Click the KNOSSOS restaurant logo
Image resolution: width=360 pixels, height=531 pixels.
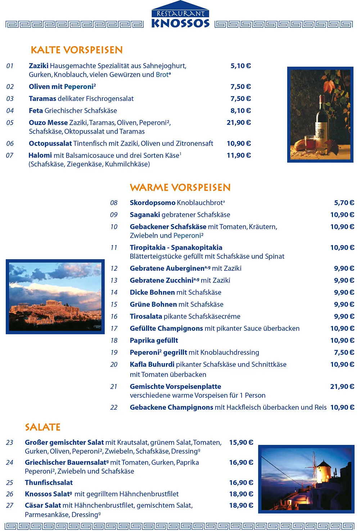click(180, 16)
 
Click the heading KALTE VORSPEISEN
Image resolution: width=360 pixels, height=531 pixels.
click(77, 50)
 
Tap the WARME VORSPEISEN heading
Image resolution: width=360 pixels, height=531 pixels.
click(180, 187)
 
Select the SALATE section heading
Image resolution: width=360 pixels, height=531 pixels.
click(42, 427)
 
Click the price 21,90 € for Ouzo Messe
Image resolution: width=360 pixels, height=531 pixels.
click(239, 122)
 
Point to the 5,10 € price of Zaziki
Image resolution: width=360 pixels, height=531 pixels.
click(240, 66)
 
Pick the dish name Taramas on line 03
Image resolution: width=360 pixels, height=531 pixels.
click(42, 99)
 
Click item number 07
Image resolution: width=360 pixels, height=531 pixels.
click(10, 155)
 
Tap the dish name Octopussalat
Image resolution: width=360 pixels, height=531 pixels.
click(50, 143)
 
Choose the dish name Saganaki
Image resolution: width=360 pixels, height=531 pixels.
click(145, 215)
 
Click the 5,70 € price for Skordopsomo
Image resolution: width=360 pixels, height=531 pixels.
click(344, 203)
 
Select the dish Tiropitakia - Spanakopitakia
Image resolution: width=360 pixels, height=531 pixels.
click(176, 247)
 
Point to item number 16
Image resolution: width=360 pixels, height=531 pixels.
click(114, 316)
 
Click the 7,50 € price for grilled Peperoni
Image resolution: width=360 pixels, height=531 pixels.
click(344, 352)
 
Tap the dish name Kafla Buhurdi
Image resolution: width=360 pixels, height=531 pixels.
click(152, 364)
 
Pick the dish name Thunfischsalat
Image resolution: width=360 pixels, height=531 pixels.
click(49, 482)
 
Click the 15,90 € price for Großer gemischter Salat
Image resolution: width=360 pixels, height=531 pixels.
click(241, 442)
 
